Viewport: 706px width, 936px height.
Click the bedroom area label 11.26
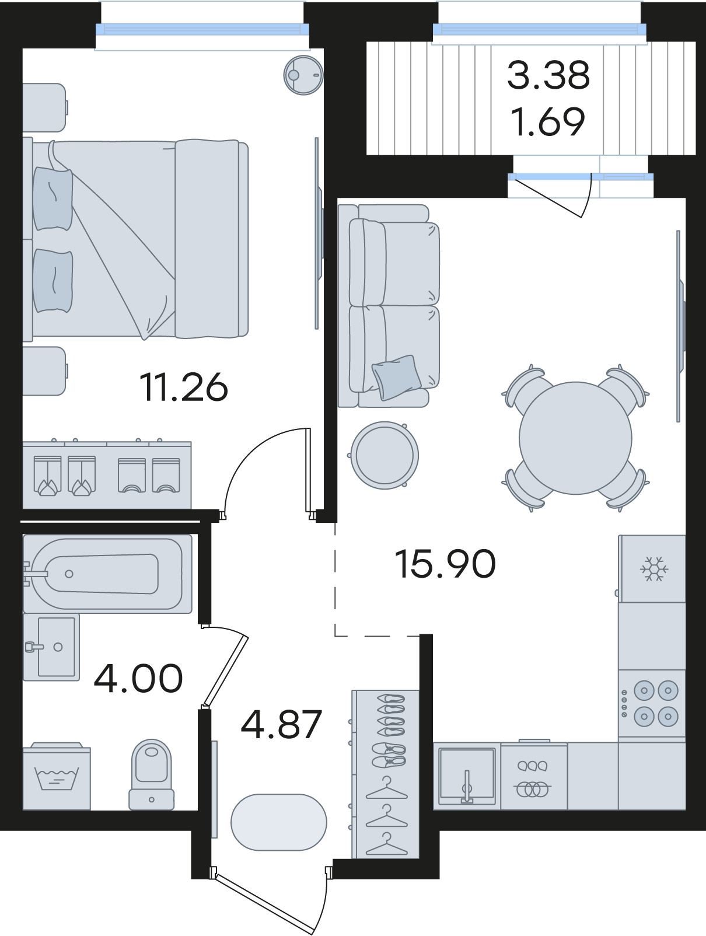(x=184, y=387)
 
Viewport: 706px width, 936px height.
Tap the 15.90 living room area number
(x=445, y=563)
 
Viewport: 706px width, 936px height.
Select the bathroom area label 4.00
(x=138, y=677)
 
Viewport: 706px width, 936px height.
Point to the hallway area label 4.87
(x=281, y=724)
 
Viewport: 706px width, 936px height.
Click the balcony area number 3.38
(x=548, y=75)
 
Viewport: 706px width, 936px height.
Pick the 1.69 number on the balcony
(x=548, y=121)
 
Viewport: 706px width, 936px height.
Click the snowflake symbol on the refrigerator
(x=653, y=568)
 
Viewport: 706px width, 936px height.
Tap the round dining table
(x=575, y=438)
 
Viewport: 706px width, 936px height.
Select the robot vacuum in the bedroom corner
(x=303, y=75)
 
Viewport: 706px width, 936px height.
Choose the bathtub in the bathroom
(x=107, y=574)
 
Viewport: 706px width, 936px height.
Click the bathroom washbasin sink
(x=51, y=647)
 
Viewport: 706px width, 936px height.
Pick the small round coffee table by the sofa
(x=384, y=455)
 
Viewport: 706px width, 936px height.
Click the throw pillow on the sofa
(x=397, y=378)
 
